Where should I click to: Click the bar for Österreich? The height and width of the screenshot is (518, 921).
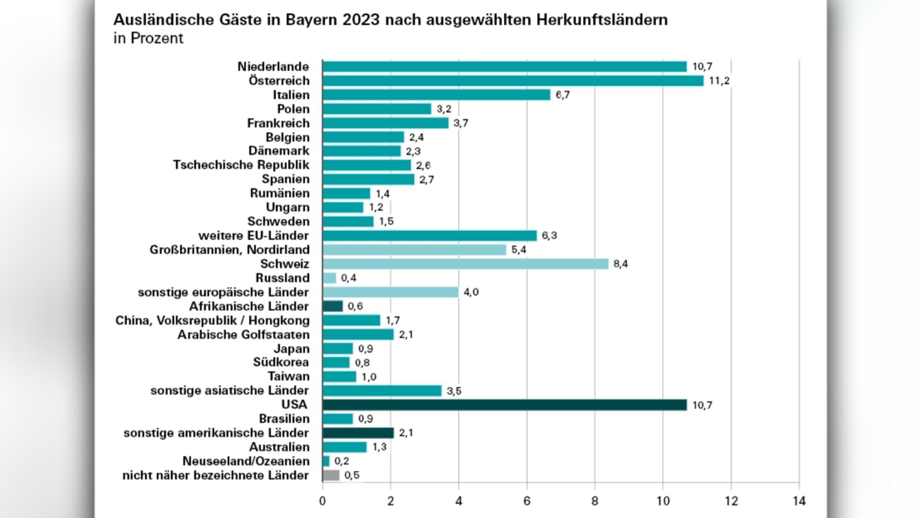click(513, 81)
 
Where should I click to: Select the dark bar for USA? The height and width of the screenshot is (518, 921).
click(504, 405)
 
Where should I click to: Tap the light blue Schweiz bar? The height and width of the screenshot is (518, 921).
click(465, 264)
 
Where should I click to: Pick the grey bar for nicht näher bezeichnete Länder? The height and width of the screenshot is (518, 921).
click(331, 475)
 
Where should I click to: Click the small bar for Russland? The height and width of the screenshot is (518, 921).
click(329, 278)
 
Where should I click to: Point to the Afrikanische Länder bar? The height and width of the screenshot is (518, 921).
click(332, 306)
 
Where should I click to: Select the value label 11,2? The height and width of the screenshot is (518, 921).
click(719, 81)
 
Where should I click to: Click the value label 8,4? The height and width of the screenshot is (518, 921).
click(620, 264)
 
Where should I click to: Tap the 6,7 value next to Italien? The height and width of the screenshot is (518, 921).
click(562, 95)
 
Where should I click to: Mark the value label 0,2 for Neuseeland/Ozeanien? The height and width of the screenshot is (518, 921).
click(341, 461)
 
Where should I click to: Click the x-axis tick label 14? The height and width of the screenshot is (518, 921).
click(799, 501)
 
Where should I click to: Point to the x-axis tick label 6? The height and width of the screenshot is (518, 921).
click(527, 501)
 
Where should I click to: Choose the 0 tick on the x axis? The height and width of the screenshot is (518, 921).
click(322, 501)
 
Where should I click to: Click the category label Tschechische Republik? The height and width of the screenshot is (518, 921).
click(241, 165)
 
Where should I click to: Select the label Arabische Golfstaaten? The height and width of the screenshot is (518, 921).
click(244, 335)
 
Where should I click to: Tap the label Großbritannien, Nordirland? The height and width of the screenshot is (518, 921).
click(230, 250)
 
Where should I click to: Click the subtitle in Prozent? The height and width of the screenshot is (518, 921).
click(148, 38)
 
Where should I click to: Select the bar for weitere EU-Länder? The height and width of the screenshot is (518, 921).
click(429, 236)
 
